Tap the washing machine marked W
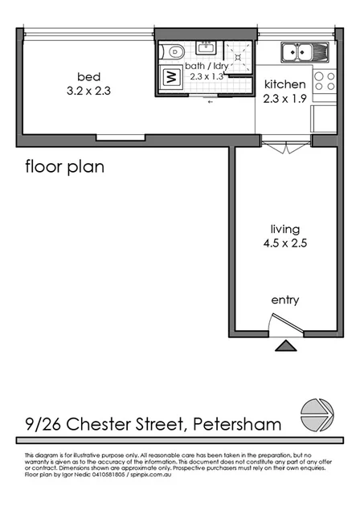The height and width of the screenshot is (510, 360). click(170, 78)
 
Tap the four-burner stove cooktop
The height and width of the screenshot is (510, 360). click(324, 80)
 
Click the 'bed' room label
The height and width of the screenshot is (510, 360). click(88, 76)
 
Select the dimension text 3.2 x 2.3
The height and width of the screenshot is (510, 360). click(88, 91)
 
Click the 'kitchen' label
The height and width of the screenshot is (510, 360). click(284, 84)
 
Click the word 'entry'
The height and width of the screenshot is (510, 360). click(284, 300)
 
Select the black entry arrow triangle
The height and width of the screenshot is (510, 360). click(284, 346)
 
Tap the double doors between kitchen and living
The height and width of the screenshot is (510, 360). click(284, 149)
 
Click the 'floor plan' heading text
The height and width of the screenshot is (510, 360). click(64, 167)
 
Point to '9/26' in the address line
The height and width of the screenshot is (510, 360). click(39, 423)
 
